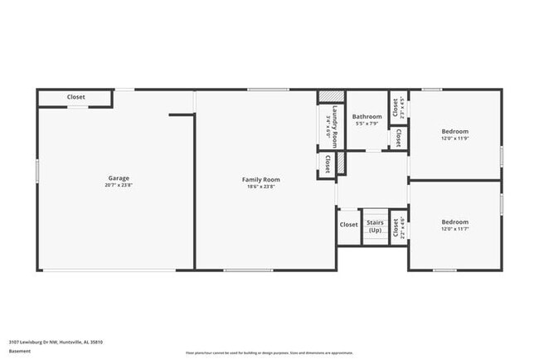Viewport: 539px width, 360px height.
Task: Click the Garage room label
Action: [119, 178]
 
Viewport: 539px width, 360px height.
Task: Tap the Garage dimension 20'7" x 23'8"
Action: [119, 186]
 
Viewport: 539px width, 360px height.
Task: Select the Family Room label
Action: [260, 179]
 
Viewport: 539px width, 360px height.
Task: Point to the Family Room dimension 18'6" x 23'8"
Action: [260, 187]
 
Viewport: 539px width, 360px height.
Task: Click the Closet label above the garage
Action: [75, 97]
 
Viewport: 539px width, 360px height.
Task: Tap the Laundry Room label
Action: [334, 125]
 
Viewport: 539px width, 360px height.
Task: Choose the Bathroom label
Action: [367, 117]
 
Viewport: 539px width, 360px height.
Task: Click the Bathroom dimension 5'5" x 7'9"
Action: [367, 124]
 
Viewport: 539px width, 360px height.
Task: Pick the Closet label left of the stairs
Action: [348, 224]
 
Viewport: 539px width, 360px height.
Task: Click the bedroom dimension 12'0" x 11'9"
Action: [454, 139]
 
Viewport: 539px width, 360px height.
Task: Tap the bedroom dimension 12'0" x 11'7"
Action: [454, 230]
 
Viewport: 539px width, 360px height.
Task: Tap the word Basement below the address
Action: [20, 351]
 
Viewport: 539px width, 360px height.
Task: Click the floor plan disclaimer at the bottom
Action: [269, 353]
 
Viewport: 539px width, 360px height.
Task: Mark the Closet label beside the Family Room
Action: [328, 163]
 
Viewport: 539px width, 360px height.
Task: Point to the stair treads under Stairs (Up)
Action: [374, 237]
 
